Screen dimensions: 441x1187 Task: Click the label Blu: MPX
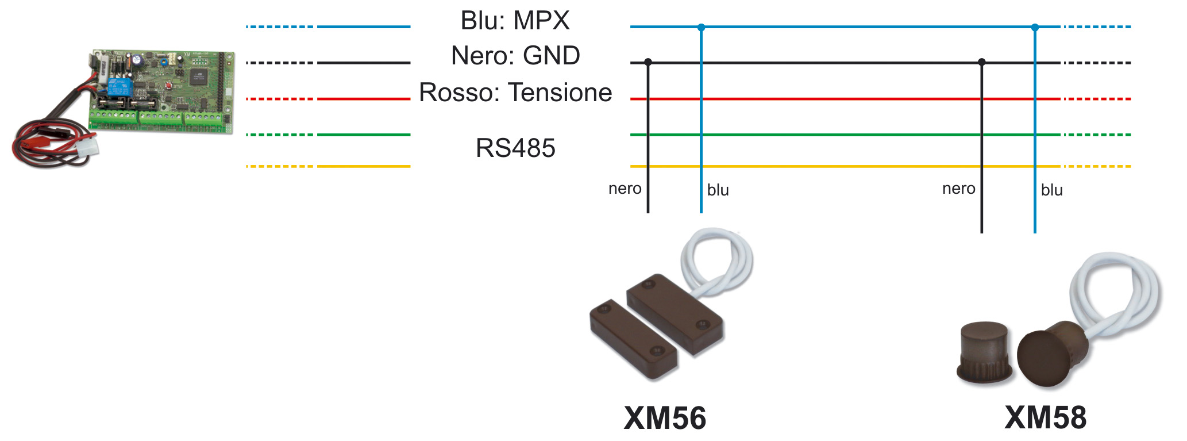pyautogui.click(x=515, y=21)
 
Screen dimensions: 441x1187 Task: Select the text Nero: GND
pyautogui.click(x=515, y=56)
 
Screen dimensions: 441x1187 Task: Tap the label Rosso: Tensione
pyautogui.click(x=515, y=93)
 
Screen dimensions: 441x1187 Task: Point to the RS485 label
pyautogui.click(x=515, y=148)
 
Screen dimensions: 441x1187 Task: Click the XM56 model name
pyautogui.click(x=665, y=418)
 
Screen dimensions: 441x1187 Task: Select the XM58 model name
pyautogui.click(x=1045, y=418)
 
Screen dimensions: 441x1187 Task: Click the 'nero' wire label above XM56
pyautogui.click(x=625, y=189)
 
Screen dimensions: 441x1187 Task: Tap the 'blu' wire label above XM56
pyautogui.click(x=718, y=190)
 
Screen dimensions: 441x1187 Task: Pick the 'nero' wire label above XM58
pyautogui.click(x=958, y=189)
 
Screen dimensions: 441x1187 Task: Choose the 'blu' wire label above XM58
pyautogui.click(x=1051, y=190)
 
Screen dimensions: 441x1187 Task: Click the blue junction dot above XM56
pyautogui.click(x=701, y=27)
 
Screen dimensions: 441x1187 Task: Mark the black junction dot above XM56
pyautogui.click(x=648, y=62)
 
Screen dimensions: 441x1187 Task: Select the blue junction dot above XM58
pyautogui.click(x=1035, y=27)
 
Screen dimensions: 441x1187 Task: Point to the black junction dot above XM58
pyautogui.click(x=982, y=62)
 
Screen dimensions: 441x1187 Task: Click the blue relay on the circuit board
pyautogui.click(x=119, y=87)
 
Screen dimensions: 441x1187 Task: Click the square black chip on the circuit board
pyautogui.click(x=198, y=76)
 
